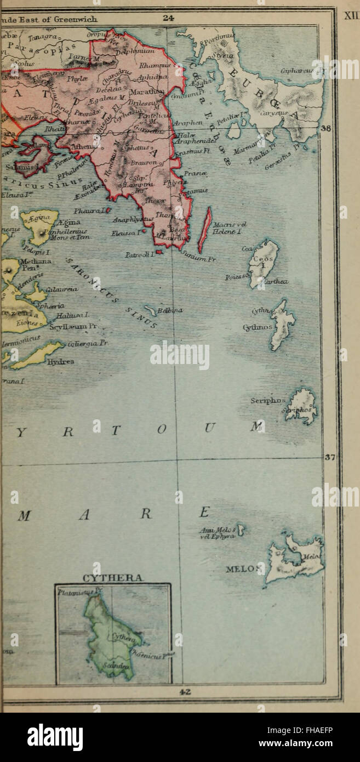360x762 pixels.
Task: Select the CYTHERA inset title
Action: click(113, 578)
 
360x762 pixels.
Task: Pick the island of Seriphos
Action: click(302, 407)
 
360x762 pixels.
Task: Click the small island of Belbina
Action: click(150, 311)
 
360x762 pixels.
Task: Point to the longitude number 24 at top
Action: click(169, 18)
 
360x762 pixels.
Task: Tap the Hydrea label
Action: click(61, 361)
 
